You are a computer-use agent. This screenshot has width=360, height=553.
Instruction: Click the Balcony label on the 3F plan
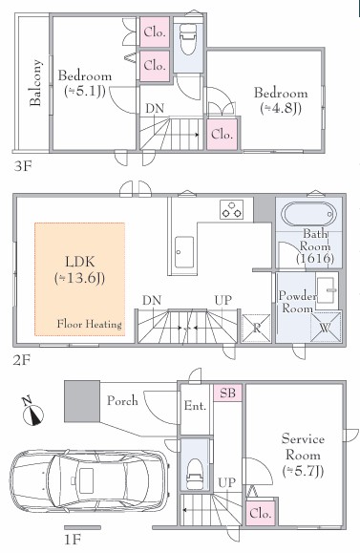coord(35,83)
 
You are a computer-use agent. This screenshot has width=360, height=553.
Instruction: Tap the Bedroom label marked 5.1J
coord(85,83)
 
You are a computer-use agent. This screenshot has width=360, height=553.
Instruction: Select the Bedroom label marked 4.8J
coord(281,100)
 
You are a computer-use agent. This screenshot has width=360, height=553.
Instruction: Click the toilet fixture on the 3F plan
coord(187,39)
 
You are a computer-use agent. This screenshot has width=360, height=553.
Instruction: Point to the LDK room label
coord(80,270)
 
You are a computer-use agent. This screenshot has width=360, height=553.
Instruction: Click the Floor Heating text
coord(90,324)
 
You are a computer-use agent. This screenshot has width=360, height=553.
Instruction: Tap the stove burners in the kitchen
coord(232,209)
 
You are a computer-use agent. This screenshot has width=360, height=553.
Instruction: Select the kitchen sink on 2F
coord(184,252)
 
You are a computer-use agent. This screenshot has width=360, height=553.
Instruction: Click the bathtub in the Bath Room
coord(308,214)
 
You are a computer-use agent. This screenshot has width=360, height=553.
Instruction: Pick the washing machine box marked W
coord(326,328)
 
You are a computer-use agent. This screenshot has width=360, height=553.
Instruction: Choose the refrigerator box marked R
coord(256,328)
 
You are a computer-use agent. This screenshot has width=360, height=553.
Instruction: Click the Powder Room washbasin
coord(326,290)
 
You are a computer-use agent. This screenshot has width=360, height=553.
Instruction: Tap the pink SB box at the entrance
coord(227,393)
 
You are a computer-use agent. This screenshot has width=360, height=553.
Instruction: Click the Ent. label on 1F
coord(195,406)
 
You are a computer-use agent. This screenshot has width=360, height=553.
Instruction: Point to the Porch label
coord(122,400)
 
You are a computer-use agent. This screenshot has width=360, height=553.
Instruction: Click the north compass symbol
coord(32,412)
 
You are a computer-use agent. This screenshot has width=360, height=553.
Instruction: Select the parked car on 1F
coord(90,482)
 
